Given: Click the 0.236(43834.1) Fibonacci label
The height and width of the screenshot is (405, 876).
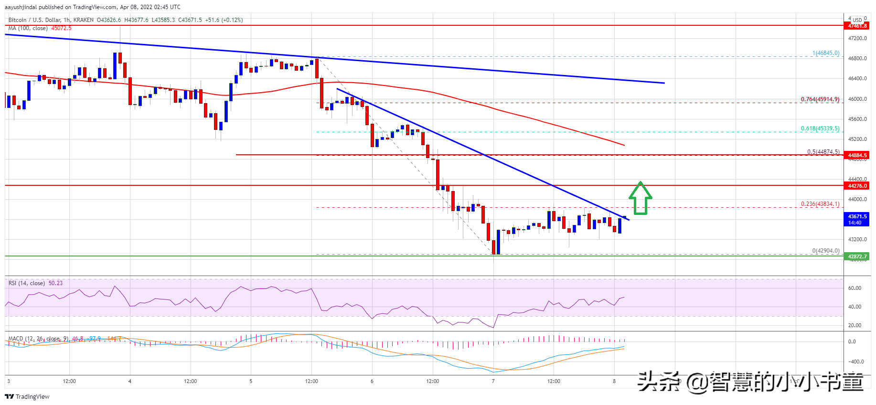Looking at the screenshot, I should coord(820,204).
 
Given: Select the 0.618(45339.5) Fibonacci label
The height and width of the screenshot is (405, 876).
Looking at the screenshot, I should coord(820,128).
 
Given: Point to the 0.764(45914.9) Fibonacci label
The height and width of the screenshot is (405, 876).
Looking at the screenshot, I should coord(820,99).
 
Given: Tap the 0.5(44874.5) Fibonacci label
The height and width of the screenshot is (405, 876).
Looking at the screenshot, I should coord(823,152).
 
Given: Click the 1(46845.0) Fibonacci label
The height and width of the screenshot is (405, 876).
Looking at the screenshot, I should coord(825,53).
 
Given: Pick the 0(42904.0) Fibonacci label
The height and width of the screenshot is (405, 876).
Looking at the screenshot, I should coord(825,250).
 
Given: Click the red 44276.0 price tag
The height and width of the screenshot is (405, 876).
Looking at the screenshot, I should coord(857,186).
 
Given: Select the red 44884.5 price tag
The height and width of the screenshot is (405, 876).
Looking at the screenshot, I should coord(857,155).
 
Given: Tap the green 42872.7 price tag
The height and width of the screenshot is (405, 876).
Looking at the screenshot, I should coord(857,256).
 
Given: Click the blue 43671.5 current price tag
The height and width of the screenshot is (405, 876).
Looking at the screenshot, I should coord(857,219).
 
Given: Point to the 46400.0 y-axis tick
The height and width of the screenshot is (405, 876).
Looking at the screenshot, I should coord(857,78).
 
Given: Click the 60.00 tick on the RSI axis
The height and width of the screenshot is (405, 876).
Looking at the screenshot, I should coord(855,288).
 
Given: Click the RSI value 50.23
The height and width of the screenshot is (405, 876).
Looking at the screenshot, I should coord(55,283).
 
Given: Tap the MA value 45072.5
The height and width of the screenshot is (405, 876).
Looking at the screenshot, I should coord(61,28).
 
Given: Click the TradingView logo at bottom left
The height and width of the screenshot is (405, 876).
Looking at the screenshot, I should coord(27,396).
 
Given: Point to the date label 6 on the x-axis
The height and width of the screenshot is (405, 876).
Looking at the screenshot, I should coord(372,381).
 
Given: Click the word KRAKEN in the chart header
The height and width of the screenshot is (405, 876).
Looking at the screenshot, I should coord(84,20).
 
